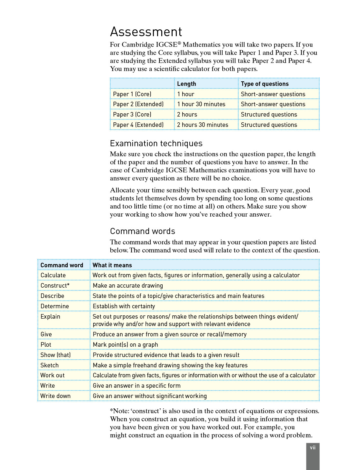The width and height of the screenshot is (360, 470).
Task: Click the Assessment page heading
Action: point(146,32)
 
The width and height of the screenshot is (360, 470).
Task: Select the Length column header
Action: point(186,84)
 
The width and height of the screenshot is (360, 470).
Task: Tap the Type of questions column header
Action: point(265,84)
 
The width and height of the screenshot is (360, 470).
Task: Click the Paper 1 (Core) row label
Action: point(132,94)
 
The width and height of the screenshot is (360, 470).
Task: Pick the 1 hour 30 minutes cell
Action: point(201,104)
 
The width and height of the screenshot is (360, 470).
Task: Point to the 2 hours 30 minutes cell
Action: point(203,125)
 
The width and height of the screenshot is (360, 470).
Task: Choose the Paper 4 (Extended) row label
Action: point(138,125)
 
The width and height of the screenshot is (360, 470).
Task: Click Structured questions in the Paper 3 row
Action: point(269,115)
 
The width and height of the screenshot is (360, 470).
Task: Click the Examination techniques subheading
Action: point(156,144)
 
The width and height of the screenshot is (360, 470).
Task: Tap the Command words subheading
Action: point(143,231)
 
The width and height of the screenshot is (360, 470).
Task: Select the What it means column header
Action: point(112,265)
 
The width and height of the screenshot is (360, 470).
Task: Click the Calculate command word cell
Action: point(53,275)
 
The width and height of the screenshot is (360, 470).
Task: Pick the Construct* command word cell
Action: point(55,286)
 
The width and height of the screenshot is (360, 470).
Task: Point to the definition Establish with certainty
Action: point(124,306)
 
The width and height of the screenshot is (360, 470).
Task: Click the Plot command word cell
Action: point(46,345)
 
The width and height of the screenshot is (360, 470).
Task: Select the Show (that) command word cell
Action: point(55,355)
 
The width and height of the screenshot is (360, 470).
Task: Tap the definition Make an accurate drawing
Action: point(128,286)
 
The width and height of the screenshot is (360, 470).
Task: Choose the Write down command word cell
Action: point(55,396)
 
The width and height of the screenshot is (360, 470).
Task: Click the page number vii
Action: point(313,448)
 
